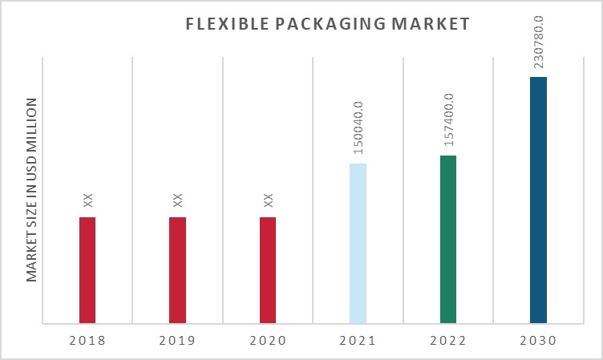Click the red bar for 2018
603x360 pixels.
click(x=87, y=270)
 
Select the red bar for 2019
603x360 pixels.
click(x=177, y=270)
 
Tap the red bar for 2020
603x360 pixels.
click(x=268, y=270)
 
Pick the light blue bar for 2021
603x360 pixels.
click(x=358, y=244)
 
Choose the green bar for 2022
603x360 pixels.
click(x=448, y=240)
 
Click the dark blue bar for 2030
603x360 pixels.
click(x=538, y=200)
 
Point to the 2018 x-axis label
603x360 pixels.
click(x=87, y=340)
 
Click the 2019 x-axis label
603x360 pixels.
click(x=177, y=340)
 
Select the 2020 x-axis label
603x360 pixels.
click(x=268, y=340)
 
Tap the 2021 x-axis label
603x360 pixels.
click(x=358, y=340)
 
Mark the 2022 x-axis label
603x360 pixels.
click(x=448, y=340)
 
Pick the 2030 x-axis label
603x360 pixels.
click(x=538, y=340)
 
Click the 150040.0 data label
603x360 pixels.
click(x=358, y=127)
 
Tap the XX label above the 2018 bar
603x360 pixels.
click(x=88, y=200)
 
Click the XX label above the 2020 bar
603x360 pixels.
click(x=269, y=200)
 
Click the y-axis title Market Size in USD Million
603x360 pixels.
click(x=32, y=189)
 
